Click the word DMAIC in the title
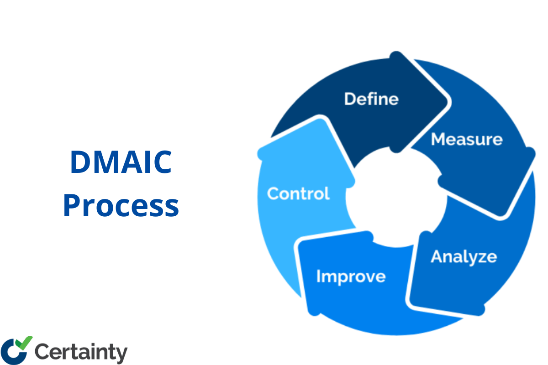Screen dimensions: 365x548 point(121,163)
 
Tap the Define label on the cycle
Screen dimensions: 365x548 point(371,99)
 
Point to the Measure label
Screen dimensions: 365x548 point(466,139)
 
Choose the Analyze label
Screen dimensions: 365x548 point(464,256)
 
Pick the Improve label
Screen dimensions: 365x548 point(351,276)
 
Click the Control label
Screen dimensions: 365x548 point(298,193)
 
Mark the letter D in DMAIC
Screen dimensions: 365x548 point(80,163)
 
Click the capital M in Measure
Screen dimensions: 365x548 point(438,139)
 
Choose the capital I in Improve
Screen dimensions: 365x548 point(319,276)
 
